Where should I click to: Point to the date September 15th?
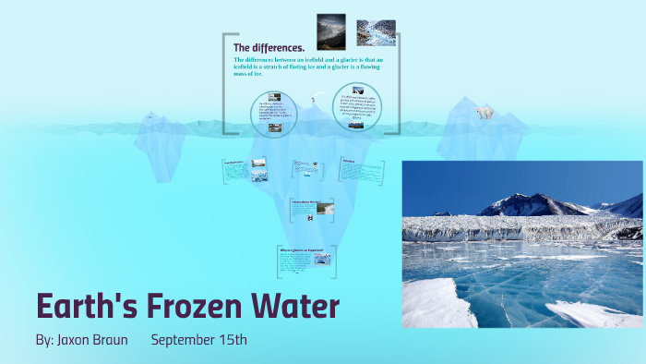(199, 340)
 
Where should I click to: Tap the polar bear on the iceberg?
(484, 113)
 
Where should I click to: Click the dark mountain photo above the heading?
(330, 30)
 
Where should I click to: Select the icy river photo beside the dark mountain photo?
(376, 32)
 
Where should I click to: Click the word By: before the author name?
(44, 340)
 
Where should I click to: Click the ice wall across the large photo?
(517, 226)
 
